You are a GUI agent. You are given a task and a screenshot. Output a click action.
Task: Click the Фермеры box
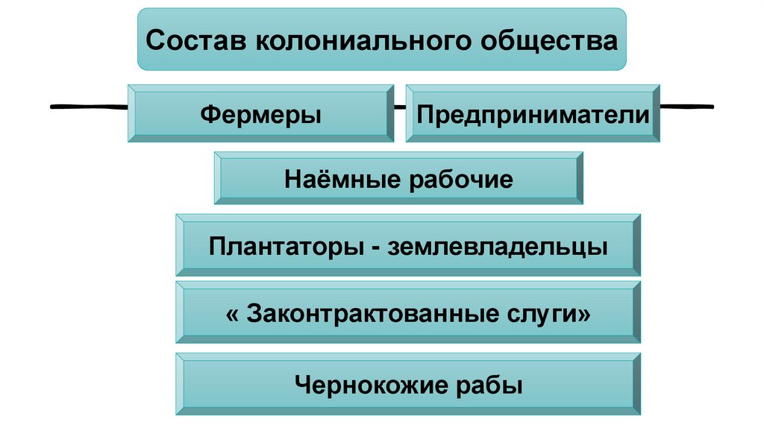pyautogui.click(x=261, y=114)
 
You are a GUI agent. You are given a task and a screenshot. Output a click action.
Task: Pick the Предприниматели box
pyautogui.click(x=533, y=114)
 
